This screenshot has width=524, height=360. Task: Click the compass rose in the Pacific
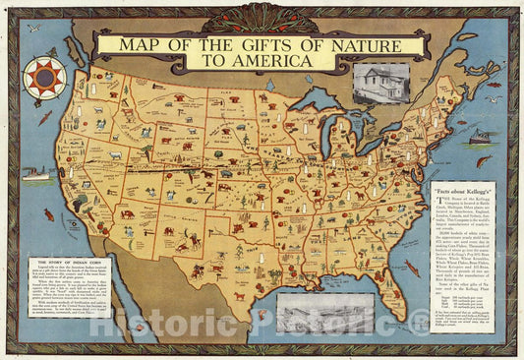coord(45,77)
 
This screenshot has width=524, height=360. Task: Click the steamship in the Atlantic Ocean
coord(482,138)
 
